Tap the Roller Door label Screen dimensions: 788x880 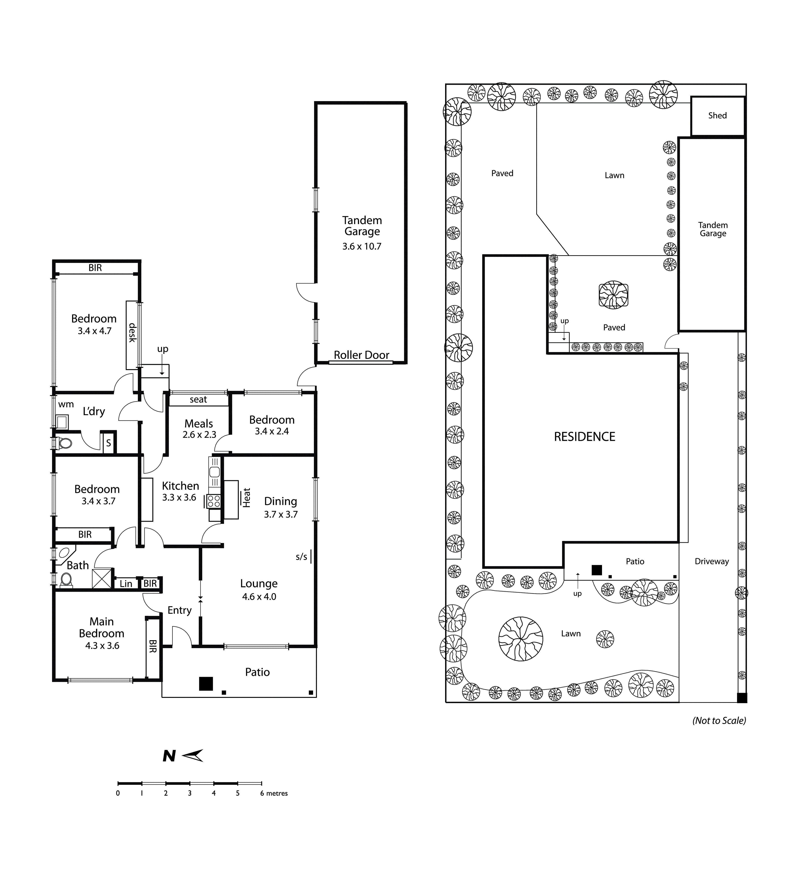pyautogui.click(x=362, y=355)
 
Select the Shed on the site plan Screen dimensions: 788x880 pyautogui.click(x=717, y=116)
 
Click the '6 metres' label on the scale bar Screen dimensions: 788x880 pyautogui.click(x=274, y=793)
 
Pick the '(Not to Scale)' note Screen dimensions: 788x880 pyautogui.click(x=719, y=721)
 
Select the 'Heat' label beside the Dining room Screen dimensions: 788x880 pyautogui.click(x=246, y=498)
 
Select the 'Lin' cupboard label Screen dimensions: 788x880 pyautogui.click(x=126, y=584)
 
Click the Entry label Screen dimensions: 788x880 pyautogui.click(x=180, y=610)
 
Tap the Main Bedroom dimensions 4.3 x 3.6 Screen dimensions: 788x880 pyautogui.click(x=102, y=646)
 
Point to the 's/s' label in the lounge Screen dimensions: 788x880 pyautogui.click(x=301, y=557)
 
